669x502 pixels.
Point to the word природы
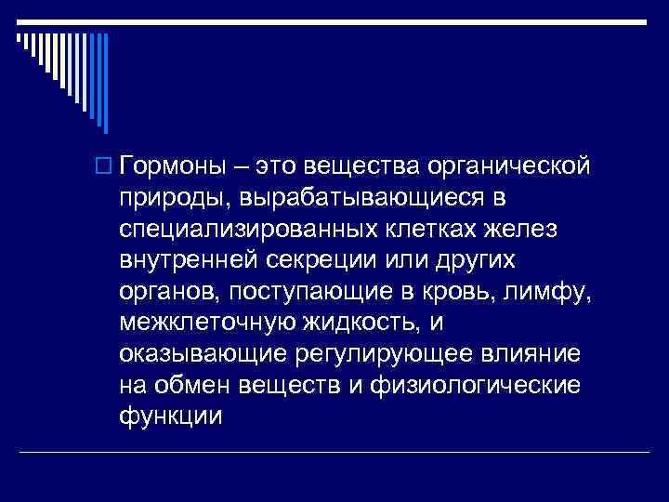pyautogui.click(x=175, y=198)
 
